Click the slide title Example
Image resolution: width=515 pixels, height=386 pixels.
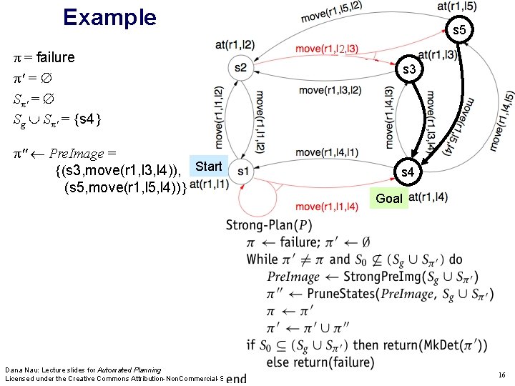pyautogui.click(x=109, y=17)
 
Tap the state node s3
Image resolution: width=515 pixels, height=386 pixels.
pyautogui.click(x=410, y=70)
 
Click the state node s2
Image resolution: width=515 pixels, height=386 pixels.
pyautogui.click(x=240, y=68)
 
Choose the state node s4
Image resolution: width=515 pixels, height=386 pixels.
pyautogui.click(x=407, y=172)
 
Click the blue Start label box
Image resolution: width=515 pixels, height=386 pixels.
pyautogui.click(x=209, y=167)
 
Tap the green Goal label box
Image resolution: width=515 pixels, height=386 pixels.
pyautogui.click(x=389, y=199)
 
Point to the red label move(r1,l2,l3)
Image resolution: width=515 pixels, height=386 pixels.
pyautogui.click(x=327, y=49)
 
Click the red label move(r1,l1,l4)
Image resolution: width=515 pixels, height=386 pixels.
pyautogui.click(x=327, y=207)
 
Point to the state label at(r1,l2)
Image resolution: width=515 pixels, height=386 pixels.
pyautogui.click(x=235, y=45)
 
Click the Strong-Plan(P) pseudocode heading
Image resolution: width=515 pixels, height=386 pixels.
pyautogui.click(x=269, y=225)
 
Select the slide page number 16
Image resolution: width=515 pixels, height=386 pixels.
pyautogui.click(x=502, y=375)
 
